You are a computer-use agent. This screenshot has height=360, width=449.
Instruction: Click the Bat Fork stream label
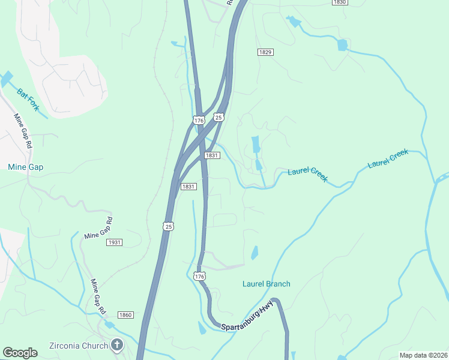pyautogui.click(x=28, y=100)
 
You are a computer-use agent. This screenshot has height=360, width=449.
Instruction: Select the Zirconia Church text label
pyautogui.click(x=78, y=345)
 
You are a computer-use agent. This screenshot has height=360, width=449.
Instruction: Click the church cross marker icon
pyautogui.click(x=117, y=345)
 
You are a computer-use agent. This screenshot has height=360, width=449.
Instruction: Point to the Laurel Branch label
pyautogui.click(x=266, y=284)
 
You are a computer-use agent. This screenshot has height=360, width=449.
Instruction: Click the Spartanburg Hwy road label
pyautogui.click(x=247, y=318)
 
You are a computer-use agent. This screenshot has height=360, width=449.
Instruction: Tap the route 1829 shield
pyautogui.click(x=266, y=52)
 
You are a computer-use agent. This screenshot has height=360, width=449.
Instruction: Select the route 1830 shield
pyautogui.click(x=340, y=2)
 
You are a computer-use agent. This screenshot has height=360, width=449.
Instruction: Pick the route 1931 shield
pyautogui.click(x=114, y=242)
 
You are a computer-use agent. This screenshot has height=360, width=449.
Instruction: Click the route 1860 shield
pyautogui.click(x=125, y=315)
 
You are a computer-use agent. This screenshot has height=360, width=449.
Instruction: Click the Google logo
pyautogui.click(x=20, y=353)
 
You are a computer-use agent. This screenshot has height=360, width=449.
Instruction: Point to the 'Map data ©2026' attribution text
pyautogui.click(x=423, y=355)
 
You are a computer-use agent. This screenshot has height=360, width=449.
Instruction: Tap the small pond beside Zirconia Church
pyautogui.click(x=109, y=325)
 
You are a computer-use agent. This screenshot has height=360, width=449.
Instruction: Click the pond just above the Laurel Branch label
pyautogui.click(x=255, y=253)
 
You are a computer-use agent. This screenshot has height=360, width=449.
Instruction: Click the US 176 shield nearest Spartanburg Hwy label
pyautogui.click(x=200, y=276)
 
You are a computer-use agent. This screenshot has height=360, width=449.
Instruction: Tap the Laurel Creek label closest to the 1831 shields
pyautogui.click(x=307, y=175)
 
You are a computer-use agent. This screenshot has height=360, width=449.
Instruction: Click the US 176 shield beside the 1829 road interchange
pyautogui.click(x=199, y=121)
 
